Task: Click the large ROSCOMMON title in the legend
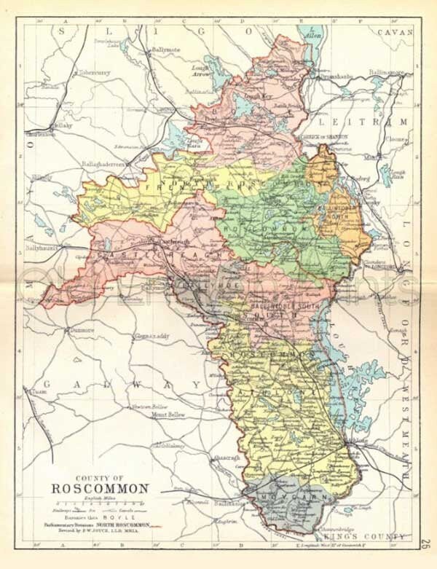coord(100,487)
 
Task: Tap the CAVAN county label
coord(395,32)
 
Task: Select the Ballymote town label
coord(165,50)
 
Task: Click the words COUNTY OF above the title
coord(100,474)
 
